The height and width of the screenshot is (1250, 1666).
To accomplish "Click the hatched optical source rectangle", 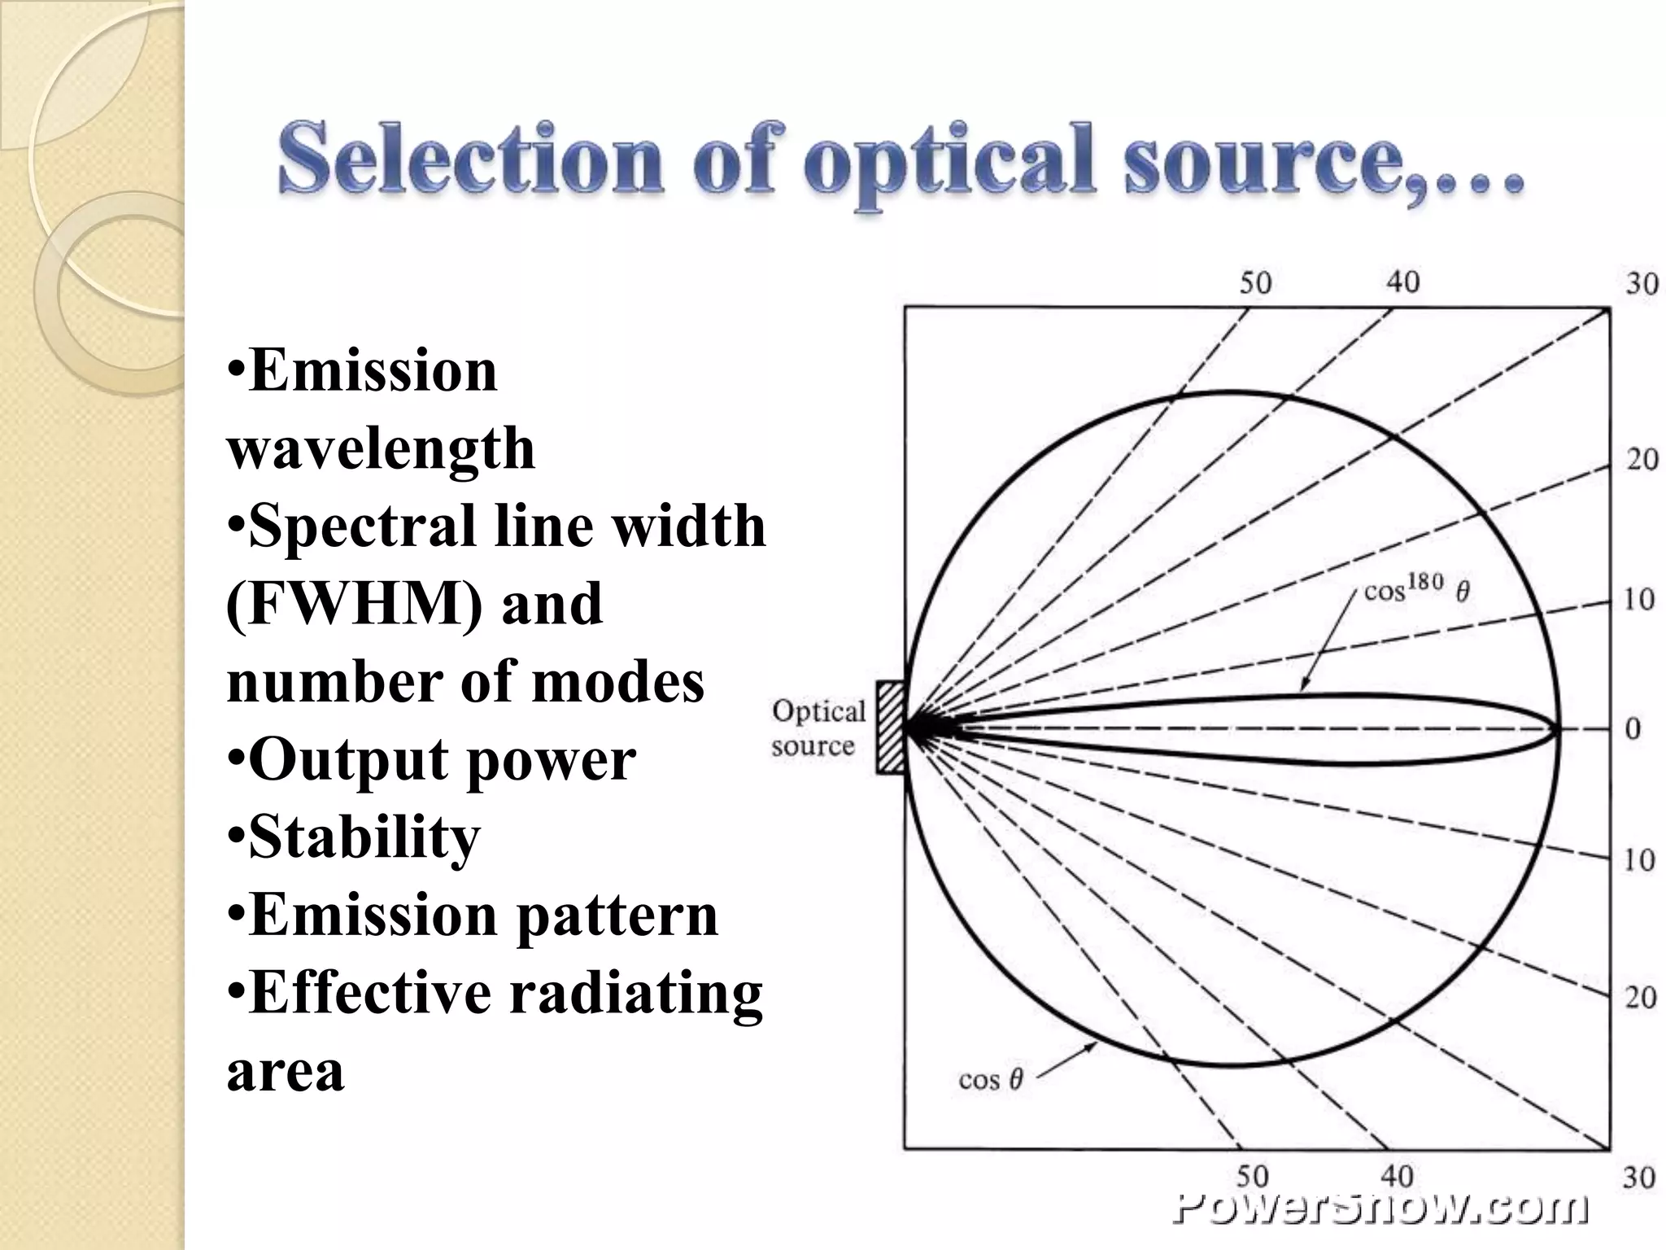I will (890, 728).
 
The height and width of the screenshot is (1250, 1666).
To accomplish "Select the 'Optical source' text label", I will (817, 728).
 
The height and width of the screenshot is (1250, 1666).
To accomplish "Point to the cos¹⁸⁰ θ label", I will (1416, 588).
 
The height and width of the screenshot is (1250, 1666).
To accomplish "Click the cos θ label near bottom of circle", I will (990, 1080).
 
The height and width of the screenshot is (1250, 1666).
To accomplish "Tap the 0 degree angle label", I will (1633, 729).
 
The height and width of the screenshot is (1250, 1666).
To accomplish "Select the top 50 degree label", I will (1255, 283).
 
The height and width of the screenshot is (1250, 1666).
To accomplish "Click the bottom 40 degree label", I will (1398, 1176).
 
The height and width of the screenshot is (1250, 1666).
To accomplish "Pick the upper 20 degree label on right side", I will (1642, 460).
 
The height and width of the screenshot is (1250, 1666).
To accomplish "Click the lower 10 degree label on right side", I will (1639, 860).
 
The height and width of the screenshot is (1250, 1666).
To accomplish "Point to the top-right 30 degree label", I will (1642, 284).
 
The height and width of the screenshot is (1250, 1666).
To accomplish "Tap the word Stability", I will (364, 837).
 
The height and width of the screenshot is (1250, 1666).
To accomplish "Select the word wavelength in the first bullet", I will (381, 448).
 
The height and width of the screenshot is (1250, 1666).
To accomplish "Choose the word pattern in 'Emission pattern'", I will (617, 916).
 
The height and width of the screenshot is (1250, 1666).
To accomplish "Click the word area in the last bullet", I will (285, 1071).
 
